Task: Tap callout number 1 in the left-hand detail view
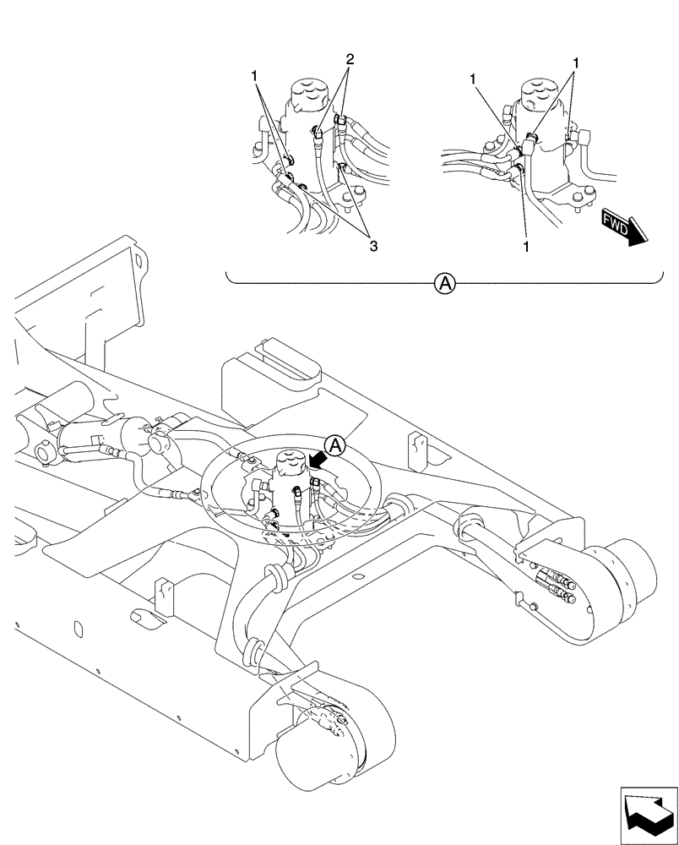click(x=254, y=76)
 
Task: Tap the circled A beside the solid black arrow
click(x=335, y=444)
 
